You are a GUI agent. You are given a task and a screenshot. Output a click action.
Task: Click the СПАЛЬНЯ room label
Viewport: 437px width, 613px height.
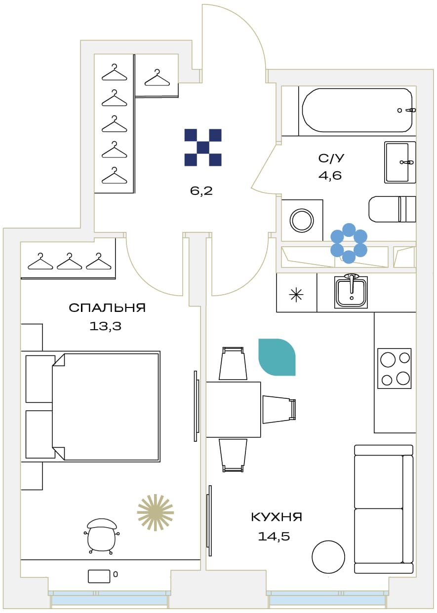pyautogui.click(x=107, y=308)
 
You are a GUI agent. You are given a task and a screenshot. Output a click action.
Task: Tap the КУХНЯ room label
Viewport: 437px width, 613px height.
pyautogui.click(x=277, y=517)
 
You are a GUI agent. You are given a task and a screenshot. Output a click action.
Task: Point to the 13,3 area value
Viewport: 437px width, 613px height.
pyautogui.click(x=105, y=326)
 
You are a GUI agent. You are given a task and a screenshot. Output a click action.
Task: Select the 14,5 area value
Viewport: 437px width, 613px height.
pyautogui.click(x=274, y=536)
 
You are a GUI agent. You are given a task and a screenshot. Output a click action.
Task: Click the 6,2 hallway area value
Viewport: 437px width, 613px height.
pyautogui.click(x=201, y=191)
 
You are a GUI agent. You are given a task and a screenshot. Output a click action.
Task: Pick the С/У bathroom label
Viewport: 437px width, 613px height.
pyautogui.click(x=331, y=158)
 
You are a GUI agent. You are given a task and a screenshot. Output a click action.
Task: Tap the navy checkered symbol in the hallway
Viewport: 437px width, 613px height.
pyautogui.click(x=203, y=148)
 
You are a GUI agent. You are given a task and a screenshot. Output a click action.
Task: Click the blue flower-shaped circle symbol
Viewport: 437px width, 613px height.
pyautogui.click(x=349, y=243)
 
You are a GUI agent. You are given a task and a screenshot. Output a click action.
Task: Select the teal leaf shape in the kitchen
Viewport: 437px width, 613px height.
pyautogui.click(x=277, y=357)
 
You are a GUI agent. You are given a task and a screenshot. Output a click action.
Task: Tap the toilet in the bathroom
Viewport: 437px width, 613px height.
pyautogui.click(x=392, y=209)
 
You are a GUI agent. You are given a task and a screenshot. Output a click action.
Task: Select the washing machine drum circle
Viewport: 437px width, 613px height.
pyautogui.click(x=302, y=220)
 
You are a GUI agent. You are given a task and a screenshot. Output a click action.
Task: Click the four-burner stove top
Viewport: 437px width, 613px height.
pyautogui.click(x=394, y=368)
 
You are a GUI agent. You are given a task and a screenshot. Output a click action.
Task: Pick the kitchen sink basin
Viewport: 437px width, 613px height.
pyautogui.click(x=351, y=292)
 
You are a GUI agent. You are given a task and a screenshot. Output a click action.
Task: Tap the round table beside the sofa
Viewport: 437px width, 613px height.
pyautogui.click(x=328, y=557)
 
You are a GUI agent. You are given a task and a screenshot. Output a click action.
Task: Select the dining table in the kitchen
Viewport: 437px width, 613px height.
pyautogui.click(x=233, y=409)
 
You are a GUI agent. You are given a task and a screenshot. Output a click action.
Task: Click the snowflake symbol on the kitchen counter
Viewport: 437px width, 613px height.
pyautogui.click(x=297, y=295)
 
